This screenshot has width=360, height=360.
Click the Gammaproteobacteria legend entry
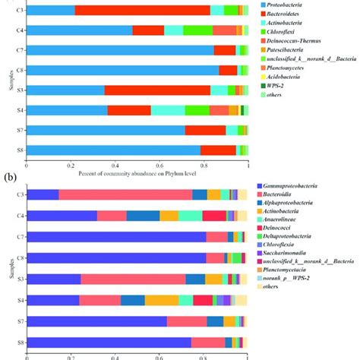click(x=295, y=186)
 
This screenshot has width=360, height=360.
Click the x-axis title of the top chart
click(x=137, y=173)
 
